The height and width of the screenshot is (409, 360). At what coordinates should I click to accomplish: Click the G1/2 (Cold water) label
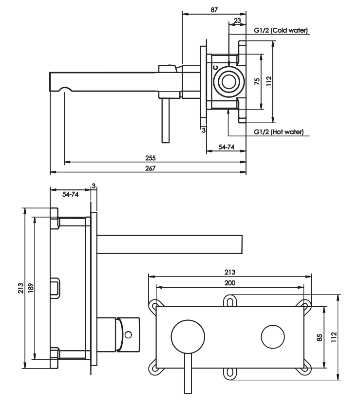pyautogui.click(x=281, y=30)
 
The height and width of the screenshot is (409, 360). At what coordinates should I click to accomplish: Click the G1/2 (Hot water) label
pyautogui.click(x=279, y=132)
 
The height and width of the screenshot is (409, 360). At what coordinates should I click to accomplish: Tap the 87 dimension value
pyautogui.click(x=214, y=10)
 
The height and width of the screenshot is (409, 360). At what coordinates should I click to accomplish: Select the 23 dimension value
pyautogui.click(x=237, y=20)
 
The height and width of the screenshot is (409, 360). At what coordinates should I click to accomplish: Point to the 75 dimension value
pyautogui.click(x=257, y=81)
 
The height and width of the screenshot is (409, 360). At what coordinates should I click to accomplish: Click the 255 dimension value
pyautogui.click(x=151, y=158)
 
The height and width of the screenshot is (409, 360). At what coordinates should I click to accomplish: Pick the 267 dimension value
pyautogui.click(x=151, y=168)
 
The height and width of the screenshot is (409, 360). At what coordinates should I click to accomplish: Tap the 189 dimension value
pyautogui.click(x=31, y=288)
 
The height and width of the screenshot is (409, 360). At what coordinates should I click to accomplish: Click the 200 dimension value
pyautogui.click(x=230, y=283)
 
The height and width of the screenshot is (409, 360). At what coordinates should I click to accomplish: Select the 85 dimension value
pyautogui.click(x=320, y=337)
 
